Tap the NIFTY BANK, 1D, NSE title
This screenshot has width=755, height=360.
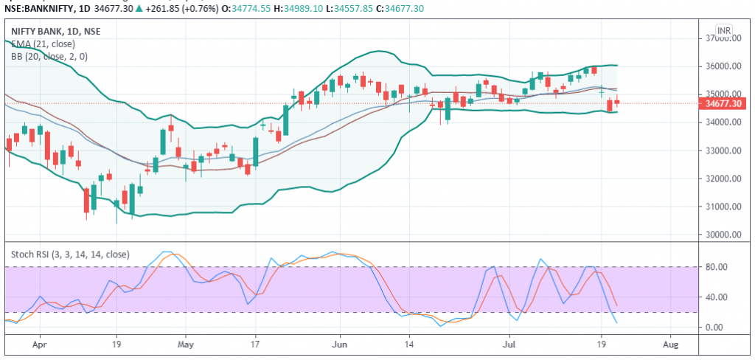(56, 32)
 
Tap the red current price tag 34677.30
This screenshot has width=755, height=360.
(723, 104)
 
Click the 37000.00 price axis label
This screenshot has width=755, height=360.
(723, 38)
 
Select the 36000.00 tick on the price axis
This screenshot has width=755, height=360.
(723, 66)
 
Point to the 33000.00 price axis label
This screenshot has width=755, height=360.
(723, 150)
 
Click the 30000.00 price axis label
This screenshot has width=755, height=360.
(723, 235)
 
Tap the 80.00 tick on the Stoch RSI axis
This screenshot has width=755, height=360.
(718, 266)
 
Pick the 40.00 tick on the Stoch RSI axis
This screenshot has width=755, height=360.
(718, 297)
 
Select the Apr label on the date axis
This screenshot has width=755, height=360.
(40, 344)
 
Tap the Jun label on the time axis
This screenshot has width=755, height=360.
(340, 344)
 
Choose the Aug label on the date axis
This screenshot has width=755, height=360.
(669, 344)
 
